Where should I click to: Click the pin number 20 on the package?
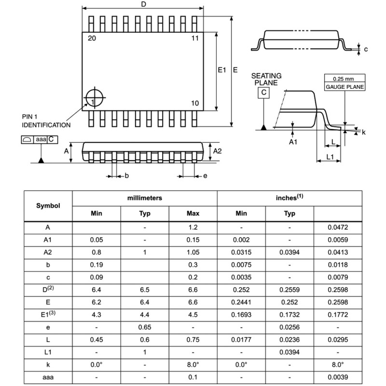pyautogui.click(x=92, y=38)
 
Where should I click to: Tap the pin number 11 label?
pyautogui.click(x=195, y=38)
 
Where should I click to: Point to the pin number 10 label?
pyautogui.click(x=195, y=103)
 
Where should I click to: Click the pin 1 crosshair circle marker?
pyautogui.click(x=95, y=98)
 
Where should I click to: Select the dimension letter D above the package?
pyautogui.click(x=143, y=4)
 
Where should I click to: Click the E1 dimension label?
pyautogui.click(x=222, y=70)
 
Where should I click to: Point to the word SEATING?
pyautogui.click(x=266, y=76)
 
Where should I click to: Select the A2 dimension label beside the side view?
pyautogui.click(x=218, y=151)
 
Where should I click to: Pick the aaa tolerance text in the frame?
pyautogui.click(x=41, y=139)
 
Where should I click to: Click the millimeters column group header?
pyautogui.click(x=144, y=198)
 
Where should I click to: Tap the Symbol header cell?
pyautogui.click(x=48, y=205)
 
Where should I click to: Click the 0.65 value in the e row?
pyautogui.click(x=145, y=327)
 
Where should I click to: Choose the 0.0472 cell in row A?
pyautogui.click(x=338, y=227)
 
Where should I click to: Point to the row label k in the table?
pyautogui.click(x=48, y=365)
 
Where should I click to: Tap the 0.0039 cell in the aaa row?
pyautogui.click(x=338, y=377)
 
